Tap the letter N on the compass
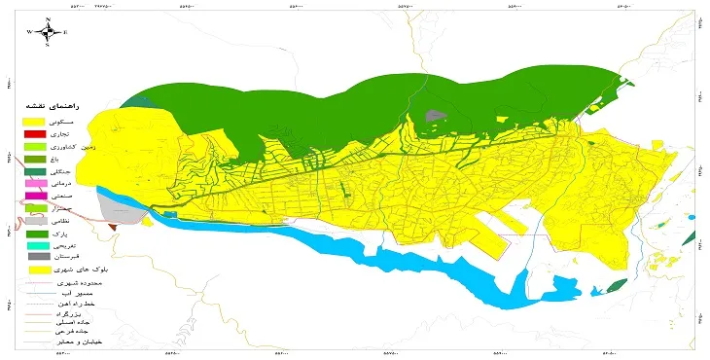[46, 17]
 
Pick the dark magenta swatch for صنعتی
[35, 197]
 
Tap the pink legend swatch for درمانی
[35, 184]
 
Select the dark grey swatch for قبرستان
[35, 256]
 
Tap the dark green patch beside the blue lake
[617, 285]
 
